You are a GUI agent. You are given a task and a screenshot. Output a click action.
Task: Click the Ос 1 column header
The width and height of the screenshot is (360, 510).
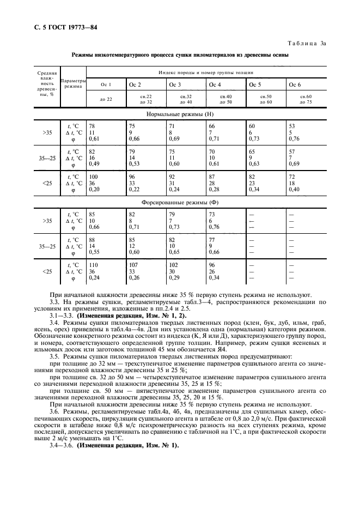pyautogui.click(x=106, y=85)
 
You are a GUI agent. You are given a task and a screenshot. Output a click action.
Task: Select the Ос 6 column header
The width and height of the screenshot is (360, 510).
pyautogui.click(x=295, y=85)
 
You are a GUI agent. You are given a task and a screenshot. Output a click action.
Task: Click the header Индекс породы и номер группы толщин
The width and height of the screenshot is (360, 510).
pyautogui.click(x=205, y=72)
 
